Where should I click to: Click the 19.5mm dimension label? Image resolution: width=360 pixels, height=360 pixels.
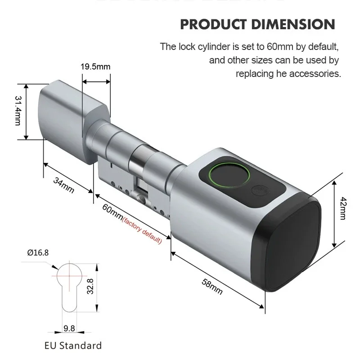tap(95, 67)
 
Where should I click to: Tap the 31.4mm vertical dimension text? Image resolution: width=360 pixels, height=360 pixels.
tap(18, 110)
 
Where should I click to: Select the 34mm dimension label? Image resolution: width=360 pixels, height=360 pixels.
tap(63, 185)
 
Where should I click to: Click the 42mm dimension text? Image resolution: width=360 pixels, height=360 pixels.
tap(342, 209)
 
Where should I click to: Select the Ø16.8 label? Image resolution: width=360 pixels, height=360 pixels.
tap(37, 253)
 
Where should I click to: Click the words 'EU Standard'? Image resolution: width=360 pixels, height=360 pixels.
tap(73, 346)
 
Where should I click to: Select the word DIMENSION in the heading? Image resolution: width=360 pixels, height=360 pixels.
tap(294, 24)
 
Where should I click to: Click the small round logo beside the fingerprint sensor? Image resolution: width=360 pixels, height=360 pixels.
tap(260, 191)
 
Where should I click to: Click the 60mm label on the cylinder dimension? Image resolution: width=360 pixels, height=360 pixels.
tap(112, 212)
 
